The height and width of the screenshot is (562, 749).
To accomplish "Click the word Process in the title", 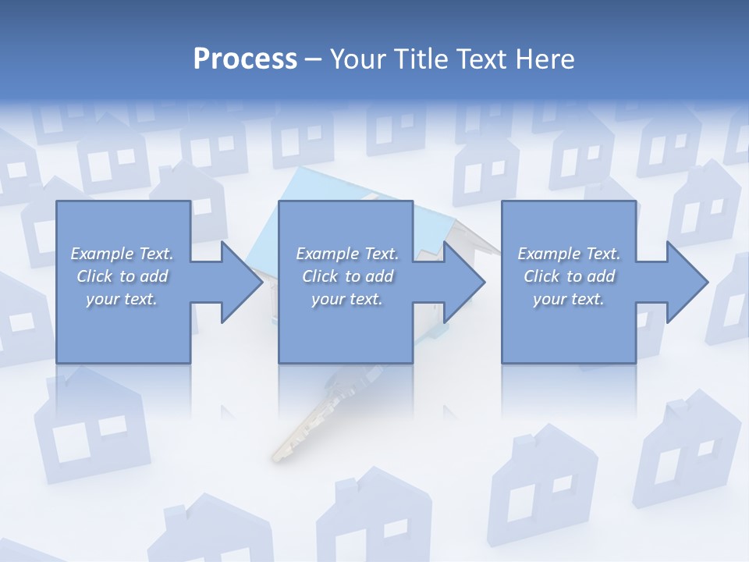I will pyautogui.click(x=245, y=59).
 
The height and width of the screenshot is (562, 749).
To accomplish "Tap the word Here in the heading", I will pyautogui.click(x=545, y=59).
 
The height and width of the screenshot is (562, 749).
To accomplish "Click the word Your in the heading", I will pyautogui.click(x=357, y=59).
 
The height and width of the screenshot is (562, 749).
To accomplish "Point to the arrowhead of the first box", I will pyautogui.click(x=241, y=282).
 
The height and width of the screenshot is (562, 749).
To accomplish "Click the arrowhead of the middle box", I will pyautogui.click(x=463, y=282).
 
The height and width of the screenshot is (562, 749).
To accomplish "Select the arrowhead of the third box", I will pyautogui.click(x=687, y=282).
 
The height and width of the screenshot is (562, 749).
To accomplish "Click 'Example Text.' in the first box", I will pyautogui.click(x=122, y=254).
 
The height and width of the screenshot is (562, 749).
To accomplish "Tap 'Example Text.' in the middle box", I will pyautogui.click(x=347, y=254).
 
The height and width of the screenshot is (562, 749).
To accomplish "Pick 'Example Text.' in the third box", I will pyautogui.click(x=569, y=254).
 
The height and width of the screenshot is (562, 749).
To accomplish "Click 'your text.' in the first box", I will pyautogui.click(x=122, y=299).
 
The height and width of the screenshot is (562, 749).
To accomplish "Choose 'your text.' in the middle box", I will pyautogui.click(x=347, y=299).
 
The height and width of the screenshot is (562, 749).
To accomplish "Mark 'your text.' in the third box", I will pyautogui.click(x=569, y=299).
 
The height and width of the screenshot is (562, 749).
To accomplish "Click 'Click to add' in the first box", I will pyautogui.click(x=122, y=276).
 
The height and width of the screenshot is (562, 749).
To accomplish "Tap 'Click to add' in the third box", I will pyautogui.click(x=569, y=276).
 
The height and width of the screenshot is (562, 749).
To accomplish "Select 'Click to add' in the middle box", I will pyautogui.click(x=347, y=276).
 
